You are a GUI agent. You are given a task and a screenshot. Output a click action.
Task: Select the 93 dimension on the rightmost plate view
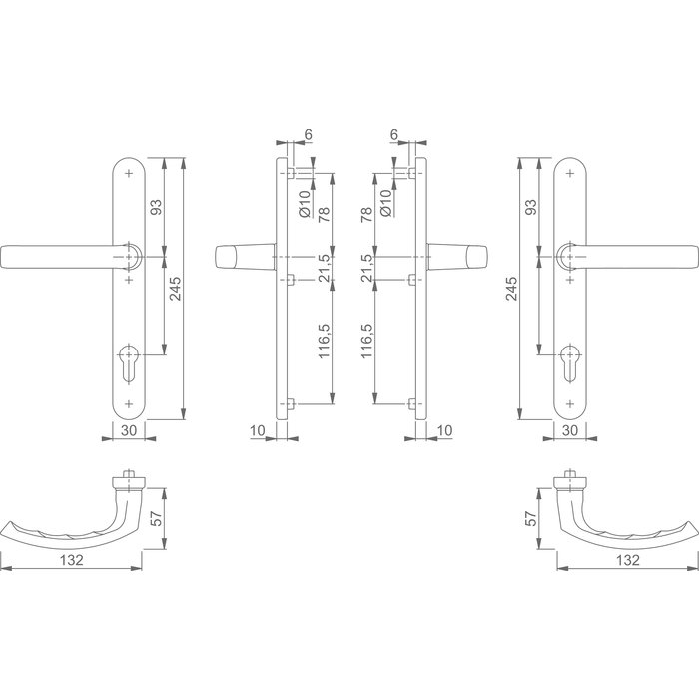coord(531,207)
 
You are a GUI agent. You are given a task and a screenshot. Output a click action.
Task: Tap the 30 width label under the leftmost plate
coord(127,431)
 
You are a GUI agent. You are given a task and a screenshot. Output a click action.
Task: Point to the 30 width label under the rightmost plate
coord(570,431)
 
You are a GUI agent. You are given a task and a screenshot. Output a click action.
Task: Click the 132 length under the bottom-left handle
coord(70,561)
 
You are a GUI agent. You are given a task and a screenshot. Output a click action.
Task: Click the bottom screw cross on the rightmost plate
coord(570,403)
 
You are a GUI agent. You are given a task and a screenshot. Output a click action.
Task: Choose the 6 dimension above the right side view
coord(395,133)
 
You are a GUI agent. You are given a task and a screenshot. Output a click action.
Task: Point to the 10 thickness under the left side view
coord(259,431)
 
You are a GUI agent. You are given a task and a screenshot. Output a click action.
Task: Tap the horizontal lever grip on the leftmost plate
coord(60,257)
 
